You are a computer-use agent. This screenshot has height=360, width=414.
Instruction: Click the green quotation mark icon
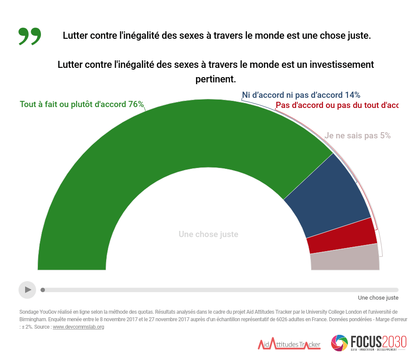pyautogui.click(x=30, y=36)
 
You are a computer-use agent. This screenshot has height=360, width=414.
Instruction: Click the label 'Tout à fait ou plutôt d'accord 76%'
pyautogui.click(x=81, y=104)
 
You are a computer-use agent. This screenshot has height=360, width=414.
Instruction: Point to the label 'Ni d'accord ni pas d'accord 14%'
pyautogui.click(x=301, y=95)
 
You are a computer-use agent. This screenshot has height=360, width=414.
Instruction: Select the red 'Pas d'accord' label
pyautogui.click(x=336, y=105)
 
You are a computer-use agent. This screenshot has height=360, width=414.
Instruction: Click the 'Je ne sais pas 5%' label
pyautogui.click(x=358, y=136)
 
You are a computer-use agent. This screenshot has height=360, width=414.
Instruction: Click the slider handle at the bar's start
pyautogui.click(x=43, y=290)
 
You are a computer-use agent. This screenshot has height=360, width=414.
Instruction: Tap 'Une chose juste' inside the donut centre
pyautogui.click(x=208, y=234)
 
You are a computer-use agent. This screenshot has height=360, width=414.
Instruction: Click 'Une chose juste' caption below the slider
pyautogui.click(x=378, y=298)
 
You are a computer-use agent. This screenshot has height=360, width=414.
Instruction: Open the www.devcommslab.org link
pyautogui.click(x=78, y=327)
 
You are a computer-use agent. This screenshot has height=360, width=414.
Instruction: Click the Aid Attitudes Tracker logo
pyautogui.click(x=289, y=344)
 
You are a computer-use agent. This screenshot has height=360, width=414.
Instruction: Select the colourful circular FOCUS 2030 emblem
pyautogui.click(x=340, y=343)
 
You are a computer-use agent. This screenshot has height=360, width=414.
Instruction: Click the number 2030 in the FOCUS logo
pyautogui.click(x=394, y=341)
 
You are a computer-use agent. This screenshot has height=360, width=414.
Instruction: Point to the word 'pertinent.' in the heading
pyautogui.click(x=215, y=79)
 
